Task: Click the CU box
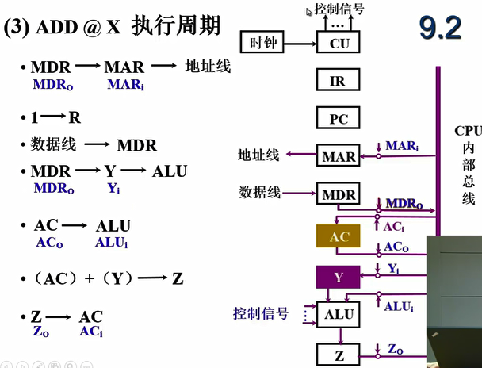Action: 339,44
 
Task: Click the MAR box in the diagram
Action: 339,156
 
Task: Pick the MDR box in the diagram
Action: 339,194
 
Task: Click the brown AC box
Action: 339,236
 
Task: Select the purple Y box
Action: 339,277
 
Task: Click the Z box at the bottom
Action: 339,354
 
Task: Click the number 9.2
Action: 440,29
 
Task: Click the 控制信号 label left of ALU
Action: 260,314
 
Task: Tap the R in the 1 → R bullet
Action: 75,118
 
